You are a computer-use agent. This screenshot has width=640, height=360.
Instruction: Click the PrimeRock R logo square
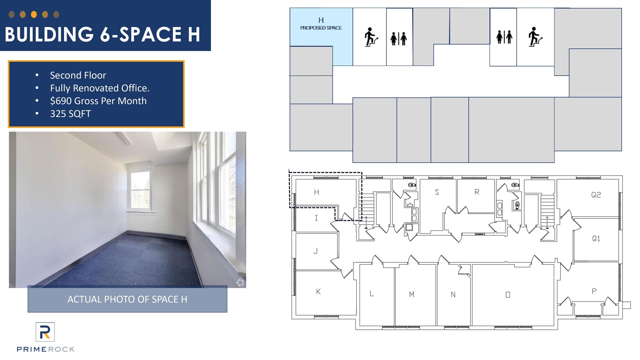coord(45,332)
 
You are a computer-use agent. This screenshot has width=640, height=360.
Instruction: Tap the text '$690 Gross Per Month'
coord(98,101)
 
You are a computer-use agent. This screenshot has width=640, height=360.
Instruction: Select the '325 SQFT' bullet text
coord(71,114)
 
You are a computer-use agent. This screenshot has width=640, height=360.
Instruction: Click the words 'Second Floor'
coord(78,75)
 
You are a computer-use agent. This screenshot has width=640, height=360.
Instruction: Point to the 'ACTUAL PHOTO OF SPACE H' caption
coord(127,299)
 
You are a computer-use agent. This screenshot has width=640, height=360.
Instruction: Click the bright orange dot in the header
coord(34,14)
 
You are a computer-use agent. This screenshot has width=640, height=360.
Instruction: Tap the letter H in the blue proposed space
coord(321,20)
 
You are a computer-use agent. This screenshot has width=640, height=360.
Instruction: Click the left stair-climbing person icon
coord(371,37)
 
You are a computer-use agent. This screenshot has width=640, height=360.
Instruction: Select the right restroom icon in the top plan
coord(504,37)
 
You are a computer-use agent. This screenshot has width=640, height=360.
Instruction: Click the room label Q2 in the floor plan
coord(596,195)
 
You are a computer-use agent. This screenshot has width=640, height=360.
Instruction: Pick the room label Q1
coord(596,239)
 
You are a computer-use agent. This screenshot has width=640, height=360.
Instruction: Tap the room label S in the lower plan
coord(437,192)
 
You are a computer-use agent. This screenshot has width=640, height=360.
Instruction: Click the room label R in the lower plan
coord(477,192)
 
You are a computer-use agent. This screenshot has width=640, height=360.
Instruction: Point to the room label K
coord(318,292)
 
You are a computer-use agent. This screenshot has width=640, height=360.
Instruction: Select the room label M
coord(412,294)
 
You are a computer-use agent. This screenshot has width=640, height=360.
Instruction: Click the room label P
coord(594,291)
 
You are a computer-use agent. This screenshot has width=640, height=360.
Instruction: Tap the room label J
coord(316,251)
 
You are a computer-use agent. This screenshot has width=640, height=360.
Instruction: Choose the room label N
coord(453,294)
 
